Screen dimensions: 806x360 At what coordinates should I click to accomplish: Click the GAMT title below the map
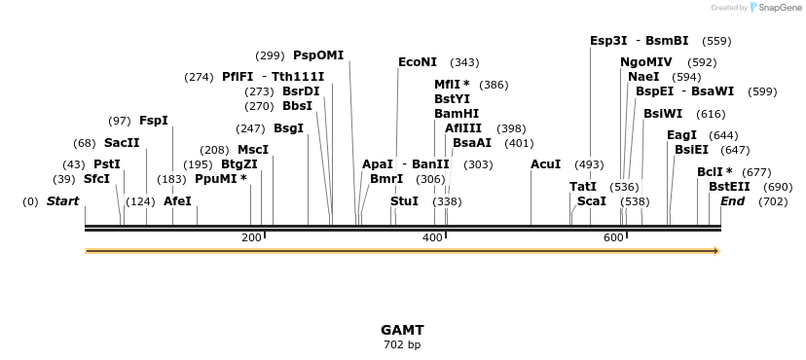coord(402,330)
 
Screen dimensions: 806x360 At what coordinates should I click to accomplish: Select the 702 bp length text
coord(402,344)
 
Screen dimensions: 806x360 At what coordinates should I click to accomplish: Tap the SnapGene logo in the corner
coord(776,7)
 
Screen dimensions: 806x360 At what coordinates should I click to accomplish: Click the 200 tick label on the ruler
coord(251,237)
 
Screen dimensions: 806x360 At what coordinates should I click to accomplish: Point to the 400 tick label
coord(432,237)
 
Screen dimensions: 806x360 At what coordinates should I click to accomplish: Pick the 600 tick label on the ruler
coord(613,237)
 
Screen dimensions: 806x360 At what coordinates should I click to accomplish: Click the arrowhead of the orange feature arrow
coord(717,251)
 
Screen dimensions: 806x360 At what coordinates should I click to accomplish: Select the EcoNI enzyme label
coord(418,62)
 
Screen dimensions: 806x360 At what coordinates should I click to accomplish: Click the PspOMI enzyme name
coord(318,54)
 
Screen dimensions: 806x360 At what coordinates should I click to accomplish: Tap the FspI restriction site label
coord(154,121)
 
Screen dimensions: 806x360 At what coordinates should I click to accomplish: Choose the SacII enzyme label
coord(122,143)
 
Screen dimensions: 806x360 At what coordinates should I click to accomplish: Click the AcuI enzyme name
coord(545,164)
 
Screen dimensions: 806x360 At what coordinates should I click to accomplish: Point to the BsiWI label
coord(663,114)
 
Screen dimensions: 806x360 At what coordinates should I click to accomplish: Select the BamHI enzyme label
coord(457,114)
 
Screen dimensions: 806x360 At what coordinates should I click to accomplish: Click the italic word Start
coord(62,201)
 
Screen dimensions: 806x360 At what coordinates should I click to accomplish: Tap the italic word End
coord(732,201)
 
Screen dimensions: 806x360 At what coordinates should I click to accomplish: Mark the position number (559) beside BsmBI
coord(716,41)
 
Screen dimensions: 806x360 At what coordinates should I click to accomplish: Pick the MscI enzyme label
coord(253,150)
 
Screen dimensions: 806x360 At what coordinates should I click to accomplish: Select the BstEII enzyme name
coord(729,187)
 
